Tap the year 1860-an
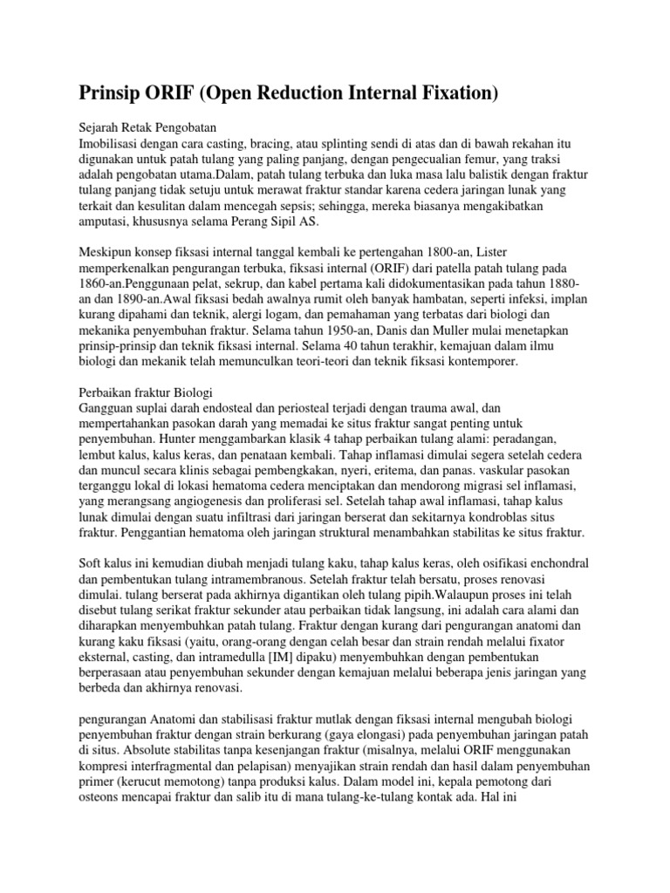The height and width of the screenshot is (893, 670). pyautogui.click(x=103, y=289)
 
